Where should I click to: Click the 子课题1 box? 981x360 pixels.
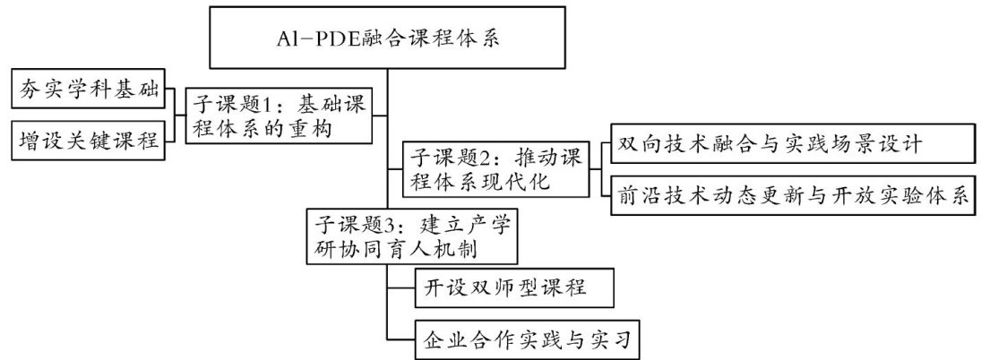(x=278, y=115)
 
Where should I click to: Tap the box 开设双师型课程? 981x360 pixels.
(x=502, y=288)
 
